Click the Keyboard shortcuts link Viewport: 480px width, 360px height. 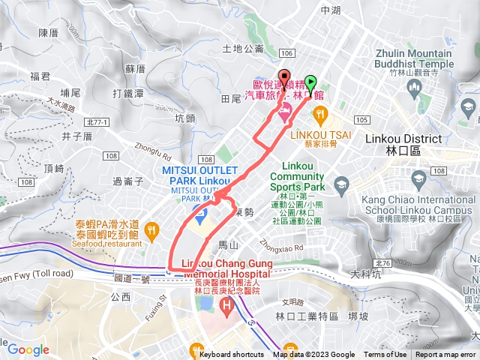[232, 355]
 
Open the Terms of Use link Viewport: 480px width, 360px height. [385, 355]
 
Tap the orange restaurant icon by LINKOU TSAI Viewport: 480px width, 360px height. [321, 115]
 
